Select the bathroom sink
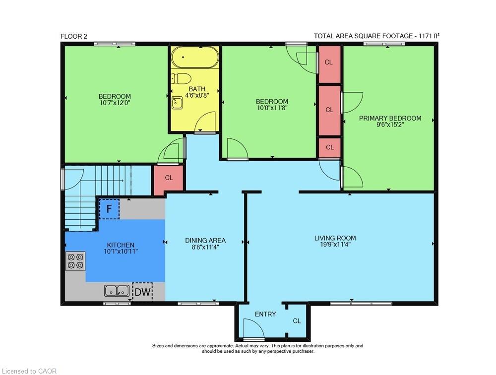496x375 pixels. click(x=177, y=103)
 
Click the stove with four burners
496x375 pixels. click(x=75, y=261)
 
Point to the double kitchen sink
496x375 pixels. click(x=117, y=290)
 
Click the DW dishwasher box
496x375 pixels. click(x=142, y=293)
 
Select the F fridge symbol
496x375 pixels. click(x=109, y=209)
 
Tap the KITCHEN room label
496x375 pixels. click(x=121, y=245)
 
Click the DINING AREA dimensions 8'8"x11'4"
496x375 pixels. click(x=202, y=247)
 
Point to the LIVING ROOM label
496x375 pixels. click(x=335, y=238)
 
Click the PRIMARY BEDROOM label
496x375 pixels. click(x=390, y=118)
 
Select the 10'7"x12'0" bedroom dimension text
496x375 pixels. click(x=115, y=103)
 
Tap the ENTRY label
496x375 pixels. click(x=265, y=314)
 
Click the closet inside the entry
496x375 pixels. click(x=297, y=321)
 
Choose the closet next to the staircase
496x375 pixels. click(x=169, y=178)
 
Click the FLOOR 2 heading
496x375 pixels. click(x=75, y=36)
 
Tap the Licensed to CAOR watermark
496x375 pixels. click(x=29, y=371)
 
